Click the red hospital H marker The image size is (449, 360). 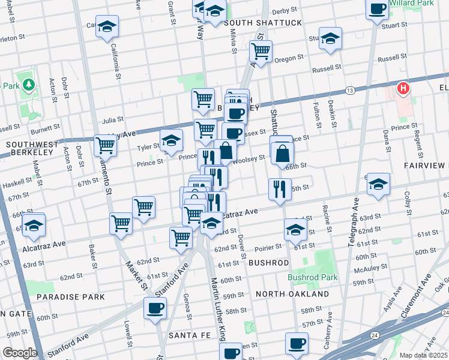point(403,89)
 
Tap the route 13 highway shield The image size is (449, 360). point(349,90)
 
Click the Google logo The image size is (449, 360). point(19,353)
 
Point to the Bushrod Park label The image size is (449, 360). point(312,277)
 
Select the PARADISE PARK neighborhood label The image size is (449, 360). point(70,297)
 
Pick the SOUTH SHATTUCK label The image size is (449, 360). point(263,23)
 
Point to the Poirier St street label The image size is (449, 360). point(268,247)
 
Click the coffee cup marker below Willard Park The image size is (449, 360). point(377,10)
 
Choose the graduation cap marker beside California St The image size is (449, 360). point(107,26)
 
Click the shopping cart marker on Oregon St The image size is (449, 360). point(261,52)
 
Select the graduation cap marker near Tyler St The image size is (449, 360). point(171,141)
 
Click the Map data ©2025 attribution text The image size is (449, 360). point(424,355)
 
